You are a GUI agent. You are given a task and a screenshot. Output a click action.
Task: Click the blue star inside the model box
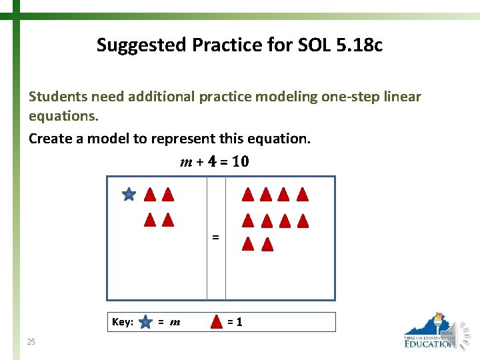point(129,195)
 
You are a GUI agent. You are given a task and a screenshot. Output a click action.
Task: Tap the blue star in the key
point(145,322)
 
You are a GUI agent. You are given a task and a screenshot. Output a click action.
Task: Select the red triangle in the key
point(217,321)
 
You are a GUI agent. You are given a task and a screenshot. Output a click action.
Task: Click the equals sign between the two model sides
point(215,237)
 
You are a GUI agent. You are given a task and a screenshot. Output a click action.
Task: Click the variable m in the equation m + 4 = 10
point(186,162)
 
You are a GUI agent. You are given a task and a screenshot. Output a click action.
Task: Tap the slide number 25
point(31,342)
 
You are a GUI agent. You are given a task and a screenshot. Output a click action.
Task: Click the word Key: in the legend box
point(123,322)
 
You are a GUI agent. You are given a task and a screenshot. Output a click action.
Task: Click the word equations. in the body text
point(63,117)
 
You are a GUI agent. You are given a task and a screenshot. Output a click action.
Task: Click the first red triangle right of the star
point(150,195)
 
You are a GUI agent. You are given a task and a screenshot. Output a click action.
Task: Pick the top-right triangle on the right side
point(303,195)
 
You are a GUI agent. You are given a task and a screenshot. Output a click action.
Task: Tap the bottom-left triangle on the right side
point(248,244)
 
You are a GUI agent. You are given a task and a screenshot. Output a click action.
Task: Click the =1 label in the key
point(235,322)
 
